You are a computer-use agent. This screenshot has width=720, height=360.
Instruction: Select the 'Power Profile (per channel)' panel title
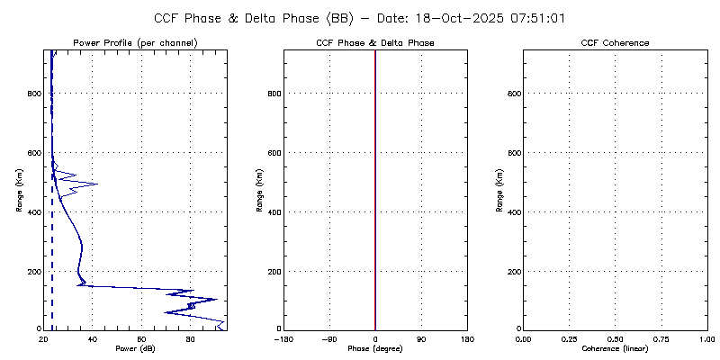135,43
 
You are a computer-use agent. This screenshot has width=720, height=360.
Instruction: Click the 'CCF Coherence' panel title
615,43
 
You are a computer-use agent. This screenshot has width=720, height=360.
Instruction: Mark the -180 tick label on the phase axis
283,338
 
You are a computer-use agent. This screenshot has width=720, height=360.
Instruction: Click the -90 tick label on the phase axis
329,338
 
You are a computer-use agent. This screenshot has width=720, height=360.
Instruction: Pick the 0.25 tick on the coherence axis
569,338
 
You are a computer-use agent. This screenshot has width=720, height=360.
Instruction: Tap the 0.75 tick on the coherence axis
661,338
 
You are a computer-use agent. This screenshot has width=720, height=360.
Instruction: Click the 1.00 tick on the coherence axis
706,338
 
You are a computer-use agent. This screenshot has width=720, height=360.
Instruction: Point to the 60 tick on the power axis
141,338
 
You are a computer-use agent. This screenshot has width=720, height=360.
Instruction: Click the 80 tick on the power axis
190,338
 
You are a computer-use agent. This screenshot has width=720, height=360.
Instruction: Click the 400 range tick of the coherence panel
511,212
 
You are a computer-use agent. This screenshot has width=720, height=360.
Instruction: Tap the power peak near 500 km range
96,184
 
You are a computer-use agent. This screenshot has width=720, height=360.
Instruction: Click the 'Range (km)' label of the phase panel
259,189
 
